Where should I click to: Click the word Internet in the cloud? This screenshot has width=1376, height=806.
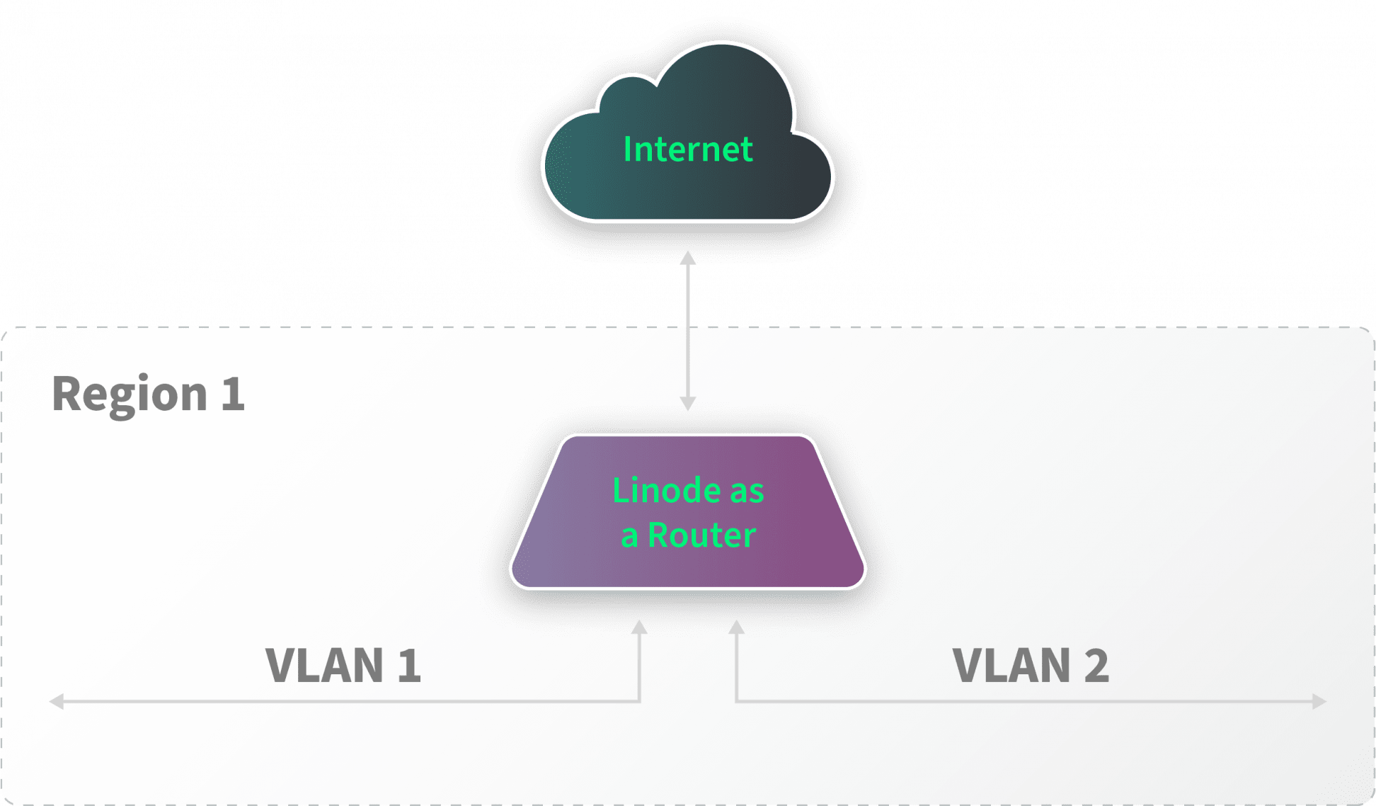pyautogui.click(x=687, y=149)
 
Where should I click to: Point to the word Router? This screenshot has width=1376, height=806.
pyautogui.click(x=702, y=535)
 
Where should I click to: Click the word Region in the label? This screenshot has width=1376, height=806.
pyautogui.click(x=130, y=395)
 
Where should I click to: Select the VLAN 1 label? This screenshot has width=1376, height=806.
pyautogui.click(x=343, y=666)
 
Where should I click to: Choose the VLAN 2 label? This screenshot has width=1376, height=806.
pyautogui.click(x=1031, y=666)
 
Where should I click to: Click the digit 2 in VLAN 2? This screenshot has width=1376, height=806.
pyautogui.click(x=1096, y=666)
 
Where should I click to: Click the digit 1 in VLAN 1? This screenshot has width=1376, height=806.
pyautogui.click(x=409, y=666)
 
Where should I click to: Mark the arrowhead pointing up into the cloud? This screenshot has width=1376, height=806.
pyautogui.click(x=688, y=257)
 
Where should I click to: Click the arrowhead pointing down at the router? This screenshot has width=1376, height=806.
pyautogui.click(x=688, y=403)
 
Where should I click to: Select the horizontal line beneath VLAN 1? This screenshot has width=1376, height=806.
pyautogui.click(x=347, y=702)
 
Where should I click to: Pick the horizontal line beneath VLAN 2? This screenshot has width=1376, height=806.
pyautogui.click(x=1026, y=702)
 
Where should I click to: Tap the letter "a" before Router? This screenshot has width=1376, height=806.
pyautogui.click(x=629, y=537)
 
